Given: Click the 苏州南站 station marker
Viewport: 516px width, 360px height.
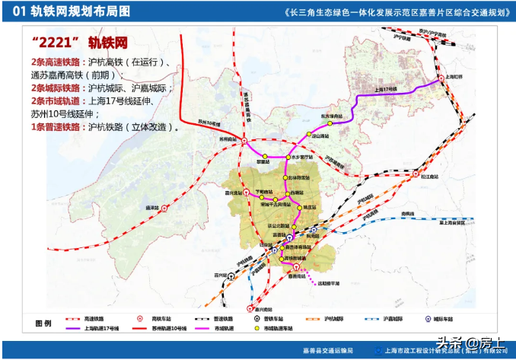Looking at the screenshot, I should point(244,140).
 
